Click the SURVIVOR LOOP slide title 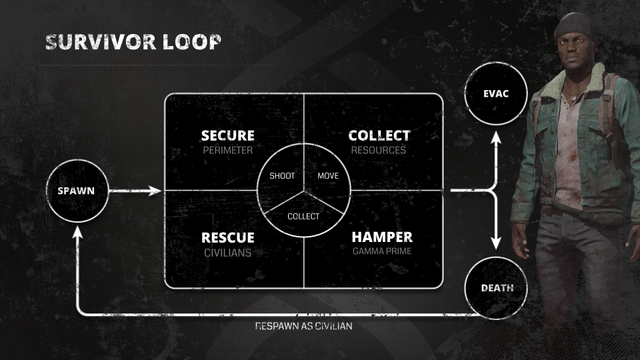133,42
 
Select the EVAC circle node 495,94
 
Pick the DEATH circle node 497,288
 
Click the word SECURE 227,136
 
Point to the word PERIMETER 227,151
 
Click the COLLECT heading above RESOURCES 379,136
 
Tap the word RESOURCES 379,151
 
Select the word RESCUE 227,237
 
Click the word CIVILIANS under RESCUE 227,253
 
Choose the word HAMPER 382,237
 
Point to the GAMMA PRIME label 382,251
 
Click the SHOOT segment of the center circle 282,176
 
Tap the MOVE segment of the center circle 328,176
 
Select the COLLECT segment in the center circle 303,216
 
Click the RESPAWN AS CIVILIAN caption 303,327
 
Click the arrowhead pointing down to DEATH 495,243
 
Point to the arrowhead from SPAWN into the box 155,191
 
